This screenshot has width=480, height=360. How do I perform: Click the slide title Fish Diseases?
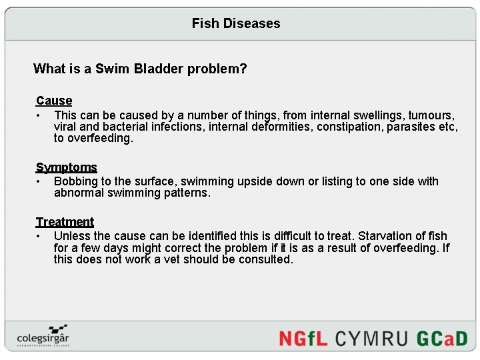pos(236,23)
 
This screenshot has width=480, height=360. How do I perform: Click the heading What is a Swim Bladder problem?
pos(140,69)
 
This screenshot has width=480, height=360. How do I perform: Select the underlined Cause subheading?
pos(54,101)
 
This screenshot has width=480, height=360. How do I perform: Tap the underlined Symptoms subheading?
pos(67,167)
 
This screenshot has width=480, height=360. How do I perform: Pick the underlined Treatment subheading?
pos(65,222)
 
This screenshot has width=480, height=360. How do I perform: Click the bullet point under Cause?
pos(39,115)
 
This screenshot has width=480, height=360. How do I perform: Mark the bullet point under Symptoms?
pos(39,181)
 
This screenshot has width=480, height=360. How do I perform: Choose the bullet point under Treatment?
pos(39,236)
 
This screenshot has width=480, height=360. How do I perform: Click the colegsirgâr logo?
pos(43,335)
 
